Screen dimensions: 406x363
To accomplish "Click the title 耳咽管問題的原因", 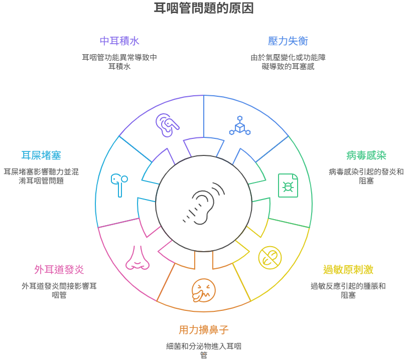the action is (204, 8).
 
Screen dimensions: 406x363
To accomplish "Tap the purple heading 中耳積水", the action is (119, 41).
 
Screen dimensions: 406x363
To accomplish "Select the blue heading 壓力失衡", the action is (288, 41).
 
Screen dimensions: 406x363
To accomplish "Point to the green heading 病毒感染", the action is (366, 155).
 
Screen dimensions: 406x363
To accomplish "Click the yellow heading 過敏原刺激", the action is (348, 270).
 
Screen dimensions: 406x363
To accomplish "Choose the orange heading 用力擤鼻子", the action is (204, 330).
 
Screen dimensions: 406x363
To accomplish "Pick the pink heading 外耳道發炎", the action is (59, 270).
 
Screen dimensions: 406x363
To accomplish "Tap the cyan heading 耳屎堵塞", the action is (41, 155).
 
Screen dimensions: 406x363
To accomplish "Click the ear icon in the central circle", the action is (204, 204).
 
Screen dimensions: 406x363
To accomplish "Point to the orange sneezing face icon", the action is (204, 290).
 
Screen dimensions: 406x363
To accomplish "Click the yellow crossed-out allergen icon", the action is (270, 257).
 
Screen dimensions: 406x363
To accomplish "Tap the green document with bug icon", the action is (288, 186).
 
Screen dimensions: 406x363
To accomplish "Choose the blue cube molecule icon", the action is (240, 125).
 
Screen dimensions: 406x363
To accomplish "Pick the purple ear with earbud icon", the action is (167, 125).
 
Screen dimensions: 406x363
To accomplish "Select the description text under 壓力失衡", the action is (288, 62).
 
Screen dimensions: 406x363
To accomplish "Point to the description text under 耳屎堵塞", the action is (41, 176).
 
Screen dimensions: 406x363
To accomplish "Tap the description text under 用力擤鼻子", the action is (204, 350).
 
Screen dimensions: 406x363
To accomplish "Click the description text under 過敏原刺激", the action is (348, 290).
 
